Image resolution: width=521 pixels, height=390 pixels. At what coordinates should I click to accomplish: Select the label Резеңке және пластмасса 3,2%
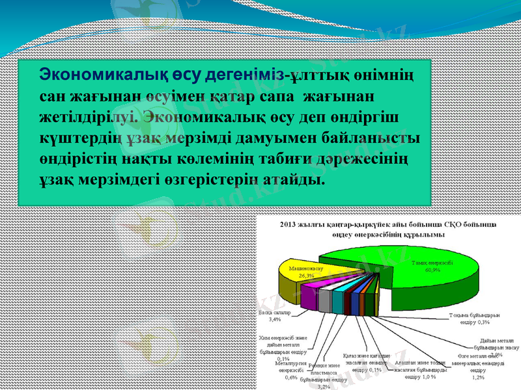[324, 374]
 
